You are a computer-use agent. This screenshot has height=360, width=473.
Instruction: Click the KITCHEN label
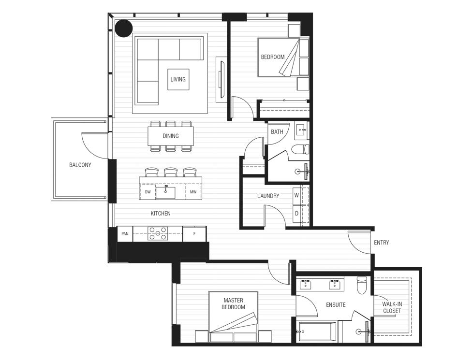click(x=161, y=214)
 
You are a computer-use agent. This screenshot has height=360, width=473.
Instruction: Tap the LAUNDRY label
click(x=268, y=196)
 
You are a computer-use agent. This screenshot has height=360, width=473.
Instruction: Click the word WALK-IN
click(x=392, y=304)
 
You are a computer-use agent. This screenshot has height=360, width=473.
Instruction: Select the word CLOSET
click(x=392, y=311)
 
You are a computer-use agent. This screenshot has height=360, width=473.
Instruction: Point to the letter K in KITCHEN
click(x=152, y=214)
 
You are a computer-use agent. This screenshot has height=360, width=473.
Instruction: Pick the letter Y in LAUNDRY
click(x=278, y=196)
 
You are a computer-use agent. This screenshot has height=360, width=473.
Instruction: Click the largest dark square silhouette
click(x=169, y=73)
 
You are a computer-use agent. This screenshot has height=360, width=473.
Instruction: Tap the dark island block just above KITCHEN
click(x=170, y=186)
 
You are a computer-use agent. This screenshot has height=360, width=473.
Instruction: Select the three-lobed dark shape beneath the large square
click(x=170, y=135)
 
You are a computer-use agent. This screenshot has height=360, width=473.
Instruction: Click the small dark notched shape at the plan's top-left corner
click(x=124, y=29)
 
